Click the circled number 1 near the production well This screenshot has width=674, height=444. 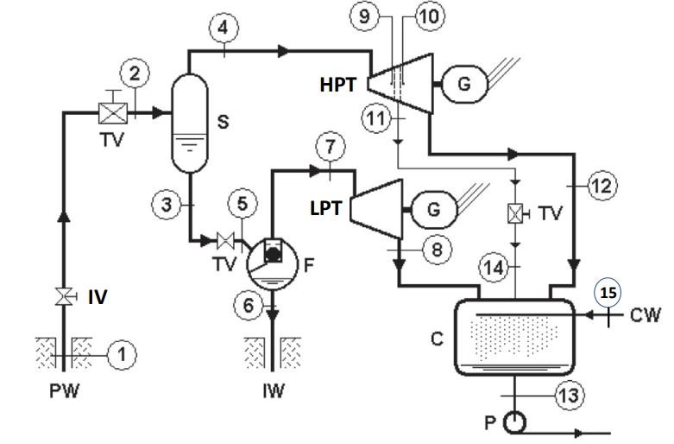pyautogui.click(x=123, y=352)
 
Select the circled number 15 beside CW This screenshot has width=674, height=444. pyautogui.click(x=608, y=294)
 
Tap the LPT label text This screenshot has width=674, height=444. pyautogui.click(x=327, y=208)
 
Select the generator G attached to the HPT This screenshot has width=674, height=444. pyautogui.click(x=464, y=84)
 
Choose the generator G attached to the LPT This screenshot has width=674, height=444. pyautogui.click(x=436, y=208)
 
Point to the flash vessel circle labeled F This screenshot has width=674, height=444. pyautogui.click(x=272, y=261)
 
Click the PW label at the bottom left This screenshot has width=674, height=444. pyautogui.click(x=64, y=390)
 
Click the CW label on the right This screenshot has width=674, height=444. pyautogui.click(x=639, y=317)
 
